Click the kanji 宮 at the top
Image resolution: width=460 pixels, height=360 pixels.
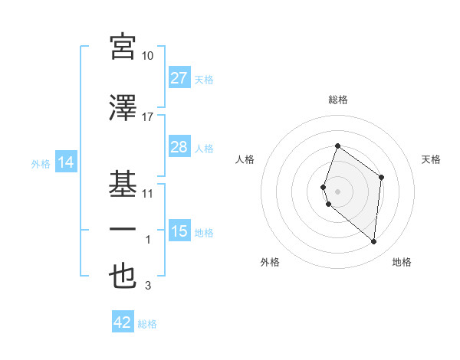[123, 47]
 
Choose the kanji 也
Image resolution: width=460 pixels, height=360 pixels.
[123, 277]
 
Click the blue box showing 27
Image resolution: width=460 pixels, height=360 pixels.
[179, 78]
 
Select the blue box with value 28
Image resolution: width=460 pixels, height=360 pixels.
[179, 147]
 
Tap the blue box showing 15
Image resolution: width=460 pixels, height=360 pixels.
[179, 231]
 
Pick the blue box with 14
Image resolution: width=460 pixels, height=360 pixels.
[65, 162]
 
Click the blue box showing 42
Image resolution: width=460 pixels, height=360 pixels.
[122, 322]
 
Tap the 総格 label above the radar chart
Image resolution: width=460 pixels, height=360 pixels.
[338, 100]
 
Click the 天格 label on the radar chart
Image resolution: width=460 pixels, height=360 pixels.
[432, 159]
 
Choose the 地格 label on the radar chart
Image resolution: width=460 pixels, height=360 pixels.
[402, 262]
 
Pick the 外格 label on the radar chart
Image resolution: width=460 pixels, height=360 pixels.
[270, 262]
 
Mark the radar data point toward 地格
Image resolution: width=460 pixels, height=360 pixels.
[373, 242]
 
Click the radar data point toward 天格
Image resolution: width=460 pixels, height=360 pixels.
[381, 177]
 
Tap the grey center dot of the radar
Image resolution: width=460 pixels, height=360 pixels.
[338, 191]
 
